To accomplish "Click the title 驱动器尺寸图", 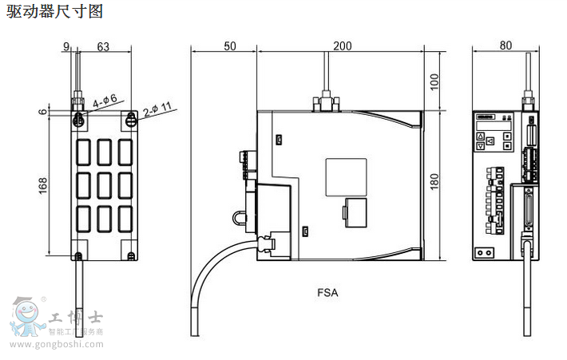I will (54, 11).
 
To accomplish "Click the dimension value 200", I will (342, 45).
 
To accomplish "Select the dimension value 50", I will (229, 45).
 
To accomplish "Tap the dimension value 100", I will (434, 80).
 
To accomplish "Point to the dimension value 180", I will (434, 181).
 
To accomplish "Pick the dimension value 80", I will (505, 45).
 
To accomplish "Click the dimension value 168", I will (42, 185).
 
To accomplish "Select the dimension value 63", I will (103, 46).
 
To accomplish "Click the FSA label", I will (327, 292).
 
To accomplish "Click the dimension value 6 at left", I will (42, 112).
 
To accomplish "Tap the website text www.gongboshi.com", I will (56, 345).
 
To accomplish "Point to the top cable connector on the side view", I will (325, 103).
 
